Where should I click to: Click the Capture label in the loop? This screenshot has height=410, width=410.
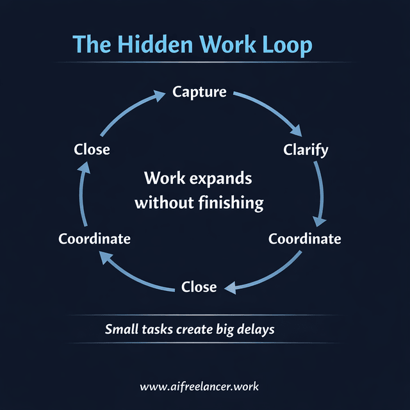[199, 92]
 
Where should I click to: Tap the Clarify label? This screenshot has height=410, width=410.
[306, 150]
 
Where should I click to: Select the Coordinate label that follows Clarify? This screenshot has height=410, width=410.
[304, 239]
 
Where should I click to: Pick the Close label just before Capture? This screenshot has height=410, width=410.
[92, 149]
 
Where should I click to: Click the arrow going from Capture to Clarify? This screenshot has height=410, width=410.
[272, 109]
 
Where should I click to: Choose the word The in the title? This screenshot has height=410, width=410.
[94, 44]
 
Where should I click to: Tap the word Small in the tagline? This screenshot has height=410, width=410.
[122, 330]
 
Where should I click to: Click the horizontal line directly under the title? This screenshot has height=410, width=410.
[205, 62]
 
